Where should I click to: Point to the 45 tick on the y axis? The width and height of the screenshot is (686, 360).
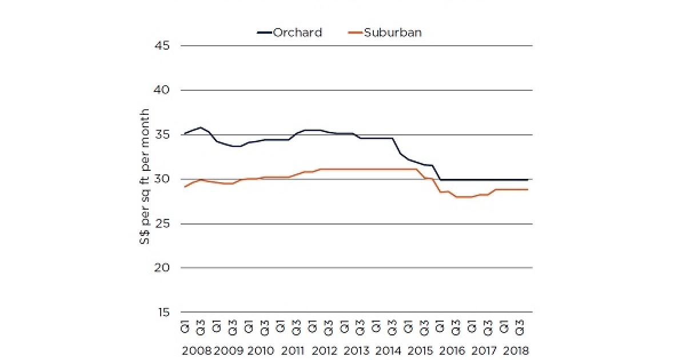[162, 46]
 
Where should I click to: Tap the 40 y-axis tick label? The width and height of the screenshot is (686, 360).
[162, 90]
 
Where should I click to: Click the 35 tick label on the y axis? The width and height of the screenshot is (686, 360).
[162, 135]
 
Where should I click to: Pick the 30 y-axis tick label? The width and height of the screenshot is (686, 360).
[162, 179]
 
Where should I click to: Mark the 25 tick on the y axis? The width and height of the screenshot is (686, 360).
[162, 224]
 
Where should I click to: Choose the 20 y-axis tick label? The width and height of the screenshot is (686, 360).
[162, 268]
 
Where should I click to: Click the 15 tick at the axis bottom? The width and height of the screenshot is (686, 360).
[162, 313]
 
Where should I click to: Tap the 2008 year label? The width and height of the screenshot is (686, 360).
[196, 350]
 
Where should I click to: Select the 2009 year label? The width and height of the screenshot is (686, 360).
[228, 350]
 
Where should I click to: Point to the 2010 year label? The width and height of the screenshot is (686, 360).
[261, 350]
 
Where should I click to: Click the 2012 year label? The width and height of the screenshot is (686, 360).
[324, 350]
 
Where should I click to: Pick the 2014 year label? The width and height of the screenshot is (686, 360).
[388, 350]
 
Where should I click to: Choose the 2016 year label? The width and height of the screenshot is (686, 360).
[452, 350]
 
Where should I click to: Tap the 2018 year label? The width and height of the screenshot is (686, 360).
[515, 350]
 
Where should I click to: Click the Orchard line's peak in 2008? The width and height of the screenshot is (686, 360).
[200, 127]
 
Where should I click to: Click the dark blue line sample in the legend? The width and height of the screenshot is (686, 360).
[264, 33]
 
